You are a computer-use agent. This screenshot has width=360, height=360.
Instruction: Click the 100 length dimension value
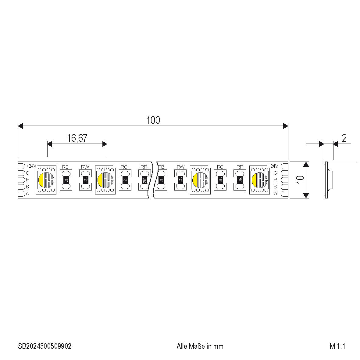tap(153, 120)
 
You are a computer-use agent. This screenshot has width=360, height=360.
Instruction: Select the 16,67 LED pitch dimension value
tap(77, 138)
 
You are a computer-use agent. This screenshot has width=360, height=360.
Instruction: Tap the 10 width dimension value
tap(300, 180)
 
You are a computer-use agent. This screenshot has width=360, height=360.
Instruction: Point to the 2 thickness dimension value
tap(344, 138)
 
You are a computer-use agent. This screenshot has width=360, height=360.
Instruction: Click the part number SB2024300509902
tap(45, 346)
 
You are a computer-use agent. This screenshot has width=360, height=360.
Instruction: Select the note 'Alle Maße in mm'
tap(200, 346)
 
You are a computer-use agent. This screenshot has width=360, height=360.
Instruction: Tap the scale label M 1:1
tap(337, 346)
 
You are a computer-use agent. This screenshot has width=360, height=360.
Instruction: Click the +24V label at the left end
tap(31, 166)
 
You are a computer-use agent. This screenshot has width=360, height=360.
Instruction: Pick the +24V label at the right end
tap(273, 166)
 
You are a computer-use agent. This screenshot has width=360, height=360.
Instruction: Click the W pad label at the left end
tap(27, 194)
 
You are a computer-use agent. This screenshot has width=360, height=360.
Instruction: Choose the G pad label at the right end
tap(275, 173)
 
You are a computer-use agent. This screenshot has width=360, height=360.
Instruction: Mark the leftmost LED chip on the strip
tap(46, 180)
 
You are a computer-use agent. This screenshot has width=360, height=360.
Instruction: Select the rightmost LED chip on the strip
tap(259, 180)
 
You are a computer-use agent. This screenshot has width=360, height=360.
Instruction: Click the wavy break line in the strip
tap(153, 180)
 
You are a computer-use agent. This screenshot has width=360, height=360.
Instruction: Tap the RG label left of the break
tap(124, 167)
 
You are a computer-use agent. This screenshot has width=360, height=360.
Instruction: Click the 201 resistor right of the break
tap(240, 180)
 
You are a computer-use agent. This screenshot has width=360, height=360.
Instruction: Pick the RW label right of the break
tap(181, 167)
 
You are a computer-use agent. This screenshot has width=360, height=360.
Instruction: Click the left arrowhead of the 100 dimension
tap(20, 126)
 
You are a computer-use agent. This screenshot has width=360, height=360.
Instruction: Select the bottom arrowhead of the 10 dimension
tap(306, 195)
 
